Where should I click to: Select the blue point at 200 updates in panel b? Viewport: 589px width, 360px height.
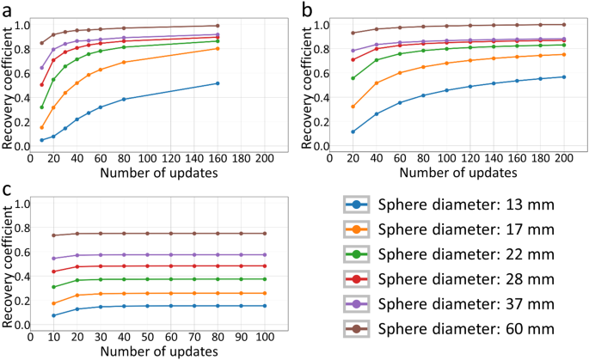563,77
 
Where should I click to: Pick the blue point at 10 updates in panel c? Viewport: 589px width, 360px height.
53,315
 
